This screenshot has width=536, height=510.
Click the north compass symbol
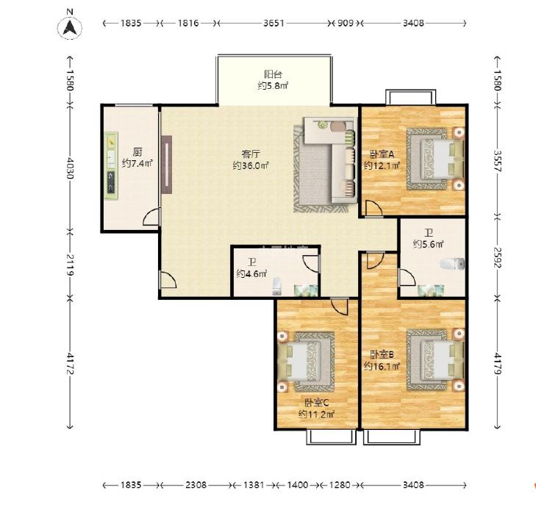70,27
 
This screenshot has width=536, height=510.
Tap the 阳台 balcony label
273,74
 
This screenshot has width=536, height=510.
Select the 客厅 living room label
251,154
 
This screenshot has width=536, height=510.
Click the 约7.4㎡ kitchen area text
137,163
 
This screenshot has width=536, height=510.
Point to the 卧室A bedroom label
382,154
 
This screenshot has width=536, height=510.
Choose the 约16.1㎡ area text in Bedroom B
382,366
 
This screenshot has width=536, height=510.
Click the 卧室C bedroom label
317,403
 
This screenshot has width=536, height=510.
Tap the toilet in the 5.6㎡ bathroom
452,264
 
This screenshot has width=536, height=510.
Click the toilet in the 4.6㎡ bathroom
276,287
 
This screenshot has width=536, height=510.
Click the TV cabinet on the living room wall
166,165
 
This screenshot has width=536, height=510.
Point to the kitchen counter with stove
111,165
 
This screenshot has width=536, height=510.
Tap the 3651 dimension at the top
274,24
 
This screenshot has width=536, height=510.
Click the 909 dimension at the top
346,24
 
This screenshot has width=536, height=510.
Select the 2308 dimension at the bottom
196,485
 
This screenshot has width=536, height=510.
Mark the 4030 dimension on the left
70,168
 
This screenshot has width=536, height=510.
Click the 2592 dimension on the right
497,257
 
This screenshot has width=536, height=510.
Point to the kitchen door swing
151,217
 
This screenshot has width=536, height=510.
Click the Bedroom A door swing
374,209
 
